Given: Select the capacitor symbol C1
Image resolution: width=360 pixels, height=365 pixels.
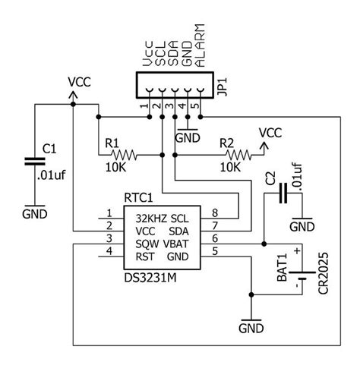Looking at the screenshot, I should [34, 161].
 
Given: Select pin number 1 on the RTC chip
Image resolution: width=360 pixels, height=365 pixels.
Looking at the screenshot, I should [110, 212].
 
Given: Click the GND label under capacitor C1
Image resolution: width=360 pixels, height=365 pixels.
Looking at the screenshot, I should [34, 215].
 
